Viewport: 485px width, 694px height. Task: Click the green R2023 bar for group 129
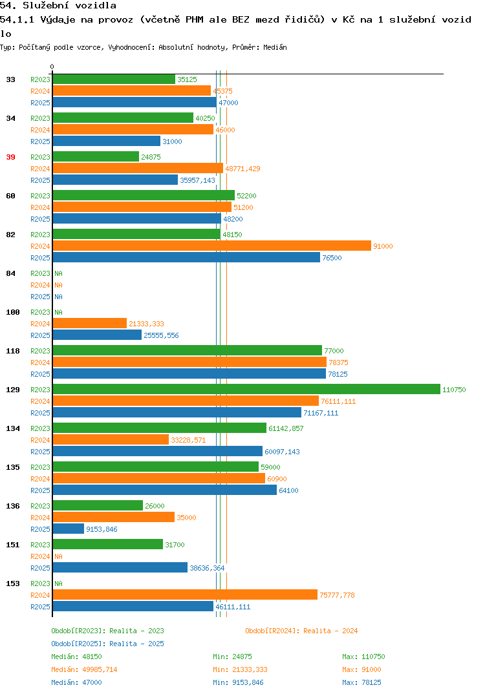point(247,389)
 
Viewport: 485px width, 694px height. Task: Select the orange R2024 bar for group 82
point(212,246)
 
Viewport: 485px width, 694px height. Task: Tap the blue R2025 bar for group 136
point(69,529)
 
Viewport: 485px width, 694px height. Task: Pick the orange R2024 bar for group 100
point(90,323)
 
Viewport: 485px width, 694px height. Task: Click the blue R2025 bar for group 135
point(165,490)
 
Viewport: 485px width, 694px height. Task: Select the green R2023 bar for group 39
point(96,156)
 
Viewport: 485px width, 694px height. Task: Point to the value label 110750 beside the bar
point(454,390)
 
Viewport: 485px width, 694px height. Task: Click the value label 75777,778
point(337,595)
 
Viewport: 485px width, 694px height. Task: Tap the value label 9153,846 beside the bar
point(102,529)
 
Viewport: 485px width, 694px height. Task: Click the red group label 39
point(10,157)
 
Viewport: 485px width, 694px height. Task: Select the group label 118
point(13,351)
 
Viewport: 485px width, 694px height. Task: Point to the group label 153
point(13,584)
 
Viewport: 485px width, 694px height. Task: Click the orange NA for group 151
point(58,556)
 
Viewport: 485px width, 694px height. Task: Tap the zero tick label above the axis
point(52,67)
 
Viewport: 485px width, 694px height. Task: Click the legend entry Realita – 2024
point(301,631)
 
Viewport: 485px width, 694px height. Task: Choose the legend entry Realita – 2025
point(107,644)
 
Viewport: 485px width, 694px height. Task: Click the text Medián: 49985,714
point(84,669)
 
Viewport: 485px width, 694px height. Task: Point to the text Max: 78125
point(361,682)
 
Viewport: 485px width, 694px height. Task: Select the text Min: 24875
point(232,657)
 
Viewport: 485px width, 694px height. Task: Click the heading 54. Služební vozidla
point(58,6)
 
